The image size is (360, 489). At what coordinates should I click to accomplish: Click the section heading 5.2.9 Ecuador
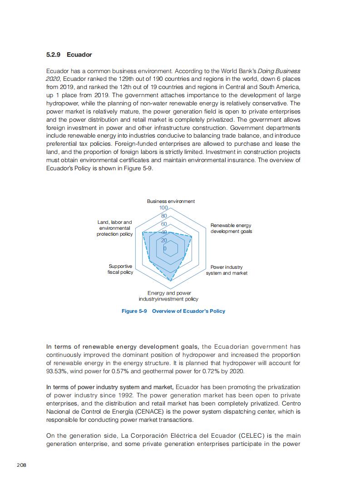coord(69,55)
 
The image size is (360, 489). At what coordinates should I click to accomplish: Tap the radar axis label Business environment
coord(171,201)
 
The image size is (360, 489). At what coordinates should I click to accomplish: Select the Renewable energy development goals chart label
coord(231,228)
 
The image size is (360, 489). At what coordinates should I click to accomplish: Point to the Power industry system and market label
coord(227,270)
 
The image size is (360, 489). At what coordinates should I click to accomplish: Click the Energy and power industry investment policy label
coord(168,296)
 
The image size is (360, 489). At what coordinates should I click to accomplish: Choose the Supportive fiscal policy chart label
coord(120,269)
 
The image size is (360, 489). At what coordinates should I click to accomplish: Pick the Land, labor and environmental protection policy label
coord(115,228)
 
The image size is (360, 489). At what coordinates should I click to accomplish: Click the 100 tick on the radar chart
coord(163,208)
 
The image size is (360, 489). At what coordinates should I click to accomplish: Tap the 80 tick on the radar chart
coord(164,216)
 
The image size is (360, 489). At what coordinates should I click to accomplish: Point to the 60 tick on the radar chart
coord(164,224)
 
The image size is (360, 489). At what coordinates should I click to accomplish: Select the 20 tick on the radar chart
coord(164,240)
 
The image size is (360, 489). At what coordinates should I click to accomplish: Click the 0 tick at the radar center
coord(165,249)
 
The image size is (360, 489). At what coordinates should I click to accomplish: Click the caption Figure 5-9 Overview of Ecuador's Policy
coord(173,311)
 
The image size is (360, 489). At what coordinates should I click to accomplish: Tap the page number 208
coord(21,464)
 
